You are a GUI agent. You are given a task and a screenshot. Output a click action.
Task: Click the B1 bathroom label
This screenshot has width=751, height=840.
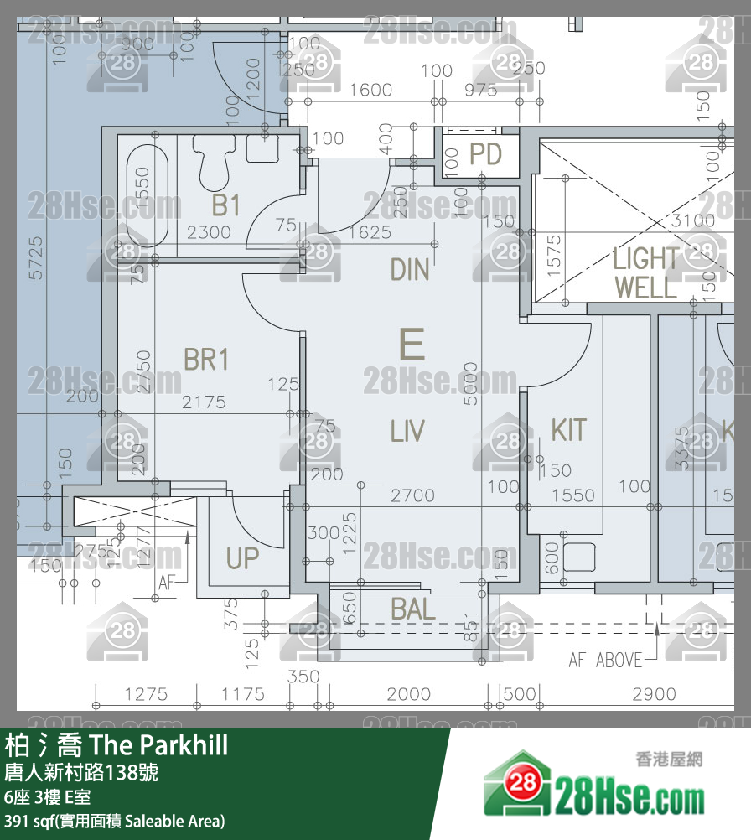pos(225,204)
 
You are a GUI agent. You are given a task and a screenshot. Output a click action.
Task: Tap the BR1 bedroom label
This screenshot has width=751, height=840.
pos(206,360)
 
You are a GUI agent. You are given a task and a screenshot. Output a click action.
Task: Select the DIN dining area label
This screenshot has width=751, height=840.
pos(410,269)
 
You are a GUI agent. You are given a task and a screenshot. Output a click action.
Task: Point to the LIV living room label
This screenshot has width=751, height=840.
pos(407,431)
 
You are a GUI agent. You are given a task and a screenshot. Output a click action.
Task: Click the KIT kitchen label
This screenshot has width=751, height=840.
pos(568,429)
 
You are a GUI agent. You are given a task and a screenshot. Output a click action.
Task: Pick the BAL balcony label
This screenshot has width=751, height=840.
pos(413,609)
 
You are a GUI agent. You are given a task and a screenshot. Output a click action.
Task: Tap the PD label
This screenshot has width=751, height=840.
pos(484,154)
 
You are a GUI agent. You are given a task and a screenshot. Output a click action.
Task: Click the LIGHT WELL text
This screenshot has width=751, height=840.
pos(645,272)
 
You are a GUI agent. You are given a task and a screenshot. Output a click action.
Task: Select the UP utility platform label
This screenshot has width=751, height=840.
pos(242,558)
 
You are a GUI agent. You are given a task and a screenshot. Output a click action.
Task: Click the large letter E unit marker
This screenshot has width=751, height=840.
pos(412,345)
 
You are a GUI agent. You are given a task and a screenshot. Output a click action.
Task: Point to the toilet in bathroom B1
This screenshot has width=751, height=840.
pos(214,161)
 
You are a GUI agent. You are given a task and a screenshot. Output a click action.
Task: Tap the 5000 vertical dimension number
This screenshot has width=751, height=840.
pos(471,384)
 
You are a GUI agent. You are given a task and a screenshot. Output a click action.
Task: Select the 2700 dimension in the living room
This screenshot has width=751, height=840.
pos(412,495)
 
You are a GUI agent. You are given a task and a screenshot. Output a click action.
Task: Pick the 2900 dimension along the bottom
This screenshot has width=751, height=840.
pos(654,694)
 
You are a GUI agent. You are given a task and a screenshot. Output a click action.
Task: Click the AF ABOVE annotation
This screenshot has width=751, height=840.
pos(605,661)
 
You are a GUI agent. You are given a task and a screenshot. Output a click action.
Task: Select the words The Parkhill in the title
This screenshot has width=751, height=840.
pos(158,744)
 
